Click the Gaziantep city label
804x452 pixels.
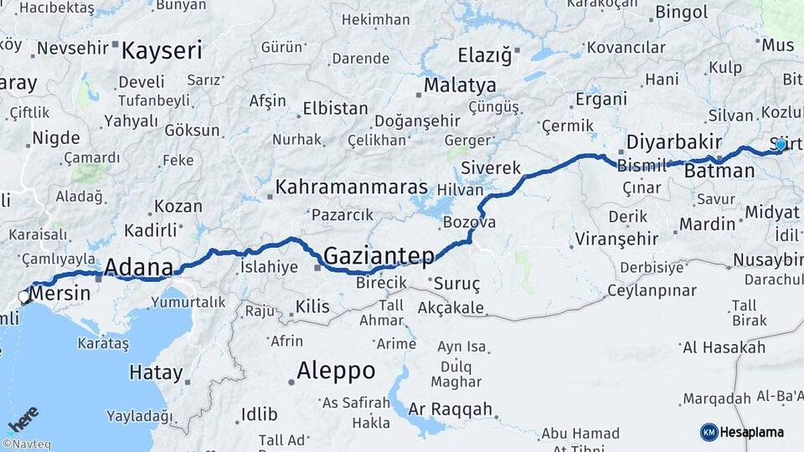click(x=379, y=255)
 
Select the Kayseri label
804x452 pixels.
click(x=162, y=51)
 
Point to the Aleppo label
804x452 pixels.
click(x=336, y=371)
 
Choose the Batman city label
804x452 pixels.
click(x=719, y=172)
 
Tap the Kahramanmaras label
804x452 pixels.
click(x=352, y=187)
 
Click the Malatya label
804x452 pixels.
click(x=460, y=86)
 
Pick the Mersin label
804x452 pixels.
click(x=63, y=295)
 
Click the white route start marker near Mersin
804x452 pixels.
click(x=24, y=296)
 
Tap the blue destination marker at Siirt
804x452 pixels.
click(x=781, y=145)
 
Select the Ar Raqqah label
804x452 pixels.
click(x=450, y=410)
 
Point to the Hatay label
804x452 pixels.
click(x=156, y=372)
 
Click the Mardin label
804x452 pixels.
click(x=707, y=224)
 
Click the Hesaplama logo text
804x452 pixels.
click(x=753, y=432)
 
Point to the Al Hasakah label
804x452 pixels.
click(x=724, y=347)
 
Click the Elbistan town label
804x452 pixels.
click(x=335, y=109)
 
